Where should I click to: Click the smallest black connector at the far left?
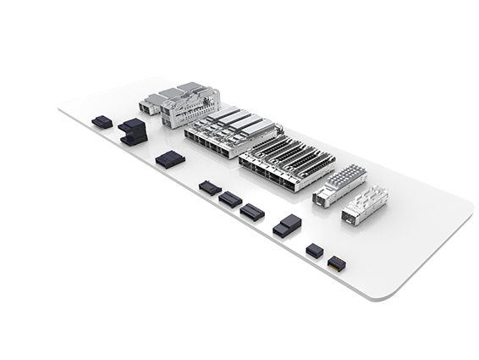[x=102, y=122]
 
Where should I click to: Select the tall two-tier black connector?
[x=132, y=130]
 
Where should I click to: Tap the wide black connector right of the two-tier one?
[x=169, y=158]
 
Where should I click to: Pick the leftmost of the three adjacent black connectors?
[x=209, y=186]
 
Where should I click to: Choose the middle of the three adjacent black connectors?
[x=230, y=199]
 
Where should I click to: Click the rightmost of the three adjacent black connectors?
[x=251, y=211]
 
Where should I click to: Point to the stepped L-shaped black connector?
[x=287, y=225]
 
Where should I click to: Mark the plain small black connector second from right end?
[x=314, y=250]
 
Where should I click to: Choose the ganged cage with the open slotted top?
[x=286, y=163]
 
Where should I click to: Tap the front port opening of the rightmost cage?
[x=350, y=218]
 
